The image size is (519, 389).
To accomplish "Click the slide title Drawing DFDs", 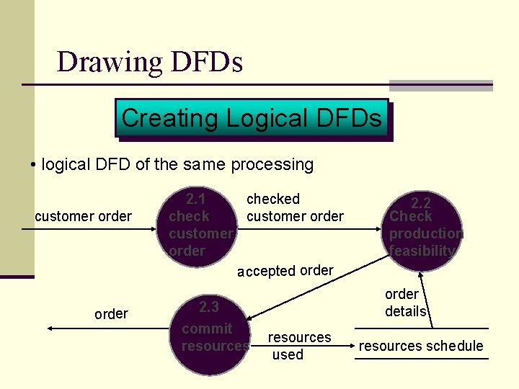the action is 149,62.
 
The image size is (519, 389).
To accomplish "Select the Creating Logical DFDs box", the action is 252,117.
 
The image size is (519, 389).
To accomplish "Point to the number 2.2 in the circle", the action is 421,203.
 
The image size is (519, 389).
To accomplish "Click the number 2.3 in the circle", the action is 209,308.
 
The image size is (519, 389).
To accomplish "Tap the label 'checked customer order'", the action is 295,207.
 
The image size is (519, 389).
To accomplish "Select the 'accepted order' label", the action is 285,271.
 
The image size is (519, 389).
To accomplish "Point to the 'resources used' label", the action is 298,346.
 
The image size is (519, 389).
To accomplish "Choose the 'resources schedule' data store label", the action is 421,346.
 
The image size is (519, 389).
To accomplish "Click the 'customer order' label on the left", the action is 83,216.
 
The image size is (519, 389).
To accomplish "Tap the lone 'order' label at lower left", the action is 111,313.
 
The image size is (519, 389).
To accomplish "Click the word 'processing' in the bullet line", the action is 272,164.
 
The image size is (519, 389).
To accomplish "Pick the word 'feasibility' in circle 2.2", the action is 422,251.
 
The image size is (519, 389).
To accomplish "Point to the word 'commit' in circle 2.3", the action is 207,328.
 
